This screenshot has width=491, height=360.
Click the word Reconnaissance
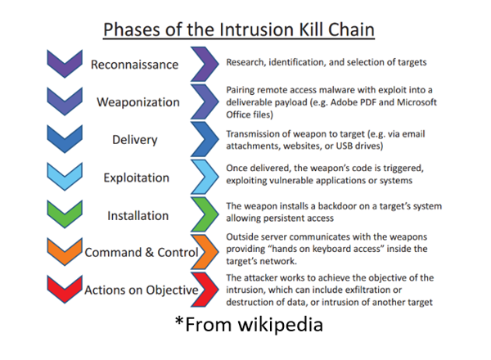point(134,65)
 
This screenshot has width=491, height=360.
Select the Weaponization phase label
point(138,102)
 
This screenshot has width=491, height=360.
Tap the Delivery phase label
point(135,140)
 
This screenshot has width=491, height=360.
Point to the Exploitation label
point(136,178)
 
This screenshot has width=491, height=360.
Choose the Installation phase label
point(137,216)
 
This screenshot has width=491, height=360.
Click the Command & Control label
point(142,252)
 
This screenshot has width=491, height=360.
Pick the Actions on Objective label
point(142,290)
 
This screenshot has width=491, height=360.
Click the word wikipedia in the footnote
point(280,324)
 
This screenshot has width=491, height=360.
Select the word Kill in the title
point(310,29)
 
